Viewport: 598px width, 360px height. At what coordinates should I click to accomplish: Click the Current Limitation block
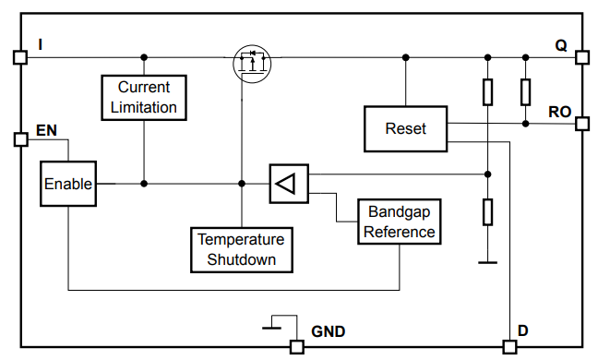click(x=143, y=97)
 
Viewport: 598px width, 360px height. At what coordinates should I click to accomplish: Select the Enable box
click(x=68, y=184)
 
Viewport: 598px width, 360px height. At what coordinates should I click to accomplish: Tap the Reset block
click(x=405, y=128)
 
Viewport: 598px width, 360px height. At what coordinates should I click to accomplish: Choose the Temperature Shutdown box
click(x=241, y=249)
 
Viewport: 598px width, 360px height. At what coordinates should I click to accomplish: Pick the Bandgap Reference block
click(x=399, y=222)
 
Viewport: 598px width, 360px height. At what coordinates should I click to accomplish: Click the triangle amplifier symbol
click(x=287, y=184)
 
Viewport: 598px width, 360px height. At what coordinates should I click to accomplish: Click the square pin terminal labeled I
click(x=18, y=57)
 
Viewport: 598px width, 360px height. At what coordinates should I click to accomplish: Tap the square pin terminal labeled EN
click(x=19, y=140)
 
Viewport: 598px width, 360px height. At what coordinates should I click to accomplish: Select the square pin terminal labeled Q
click(x=581, y=57)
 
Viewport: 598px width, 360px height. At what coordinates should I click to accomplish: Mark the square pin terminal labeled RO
click(x=581, y=123)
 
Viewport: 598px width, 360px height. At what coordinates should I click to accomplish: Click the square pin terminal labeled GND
click(x=296, y=347)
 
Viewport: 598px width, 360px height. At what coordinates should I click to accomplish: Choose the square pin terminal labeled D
click(x=508, y=347)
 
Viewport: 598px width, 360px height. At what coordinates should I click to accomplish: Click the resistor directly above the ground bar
click(x=487, y=213)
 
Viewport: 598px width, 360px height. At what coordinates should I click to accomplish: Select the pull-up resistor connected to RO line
click(x=525, y=91)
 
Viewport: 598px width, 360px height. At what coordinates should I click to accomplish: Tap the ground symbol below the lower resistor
click(x=487, y=262)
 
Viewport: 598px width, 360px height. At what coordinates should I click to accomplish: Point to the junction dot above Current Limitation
click(x=143, y=57)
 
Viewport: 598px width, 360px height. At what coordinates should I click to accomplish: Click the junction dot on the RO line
click(x=525, y=123)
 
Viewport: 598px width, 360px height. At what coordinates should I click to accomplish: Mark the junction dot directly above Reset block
click(x=405, y=57)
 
